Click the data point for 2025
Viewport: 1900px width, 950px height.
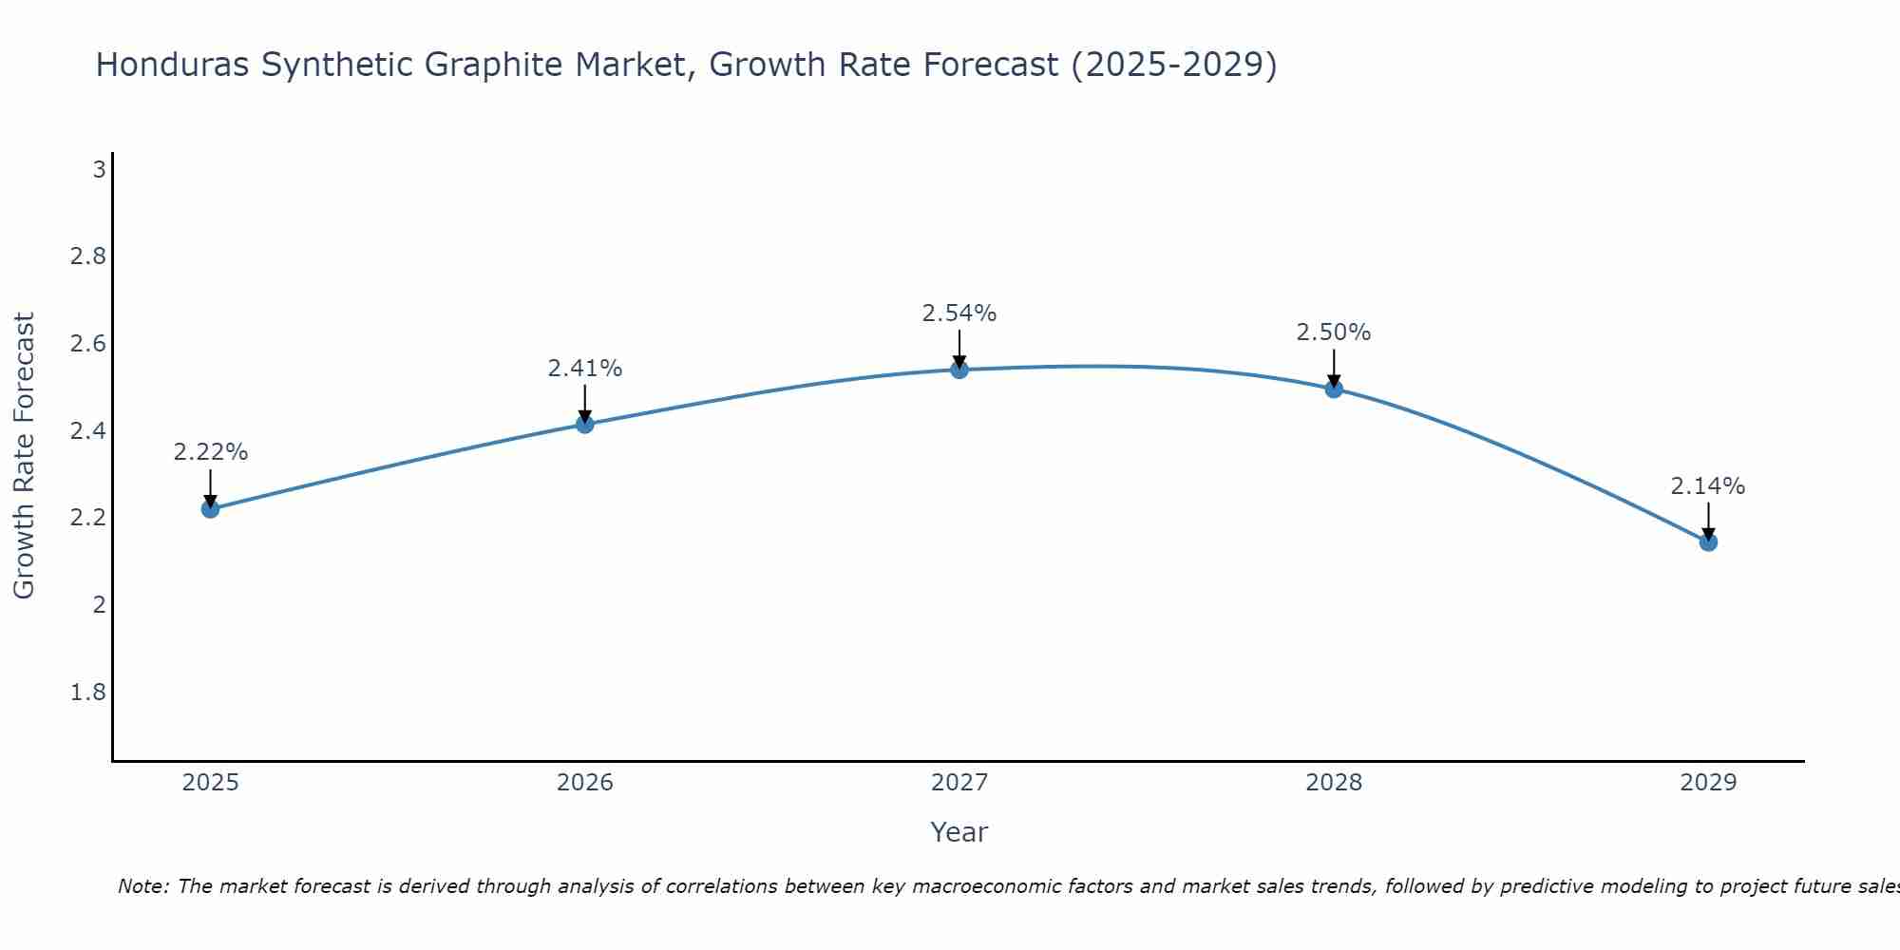(210, 509)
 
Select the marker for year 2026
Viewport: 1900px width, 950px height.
(585, 425)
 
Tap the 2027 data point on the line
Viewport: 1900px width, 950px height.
(959, 370)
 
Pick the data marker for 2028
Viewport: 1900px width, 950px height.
(1334, 389)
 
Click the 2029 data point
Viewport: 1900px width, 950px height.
(1708, 542)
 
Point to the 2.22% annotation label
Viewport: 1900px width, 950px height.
(210, 452)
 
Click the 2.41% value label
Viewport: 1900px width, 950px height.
(585, 369)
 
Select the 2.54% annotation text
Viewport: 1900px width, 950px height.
(959, 313)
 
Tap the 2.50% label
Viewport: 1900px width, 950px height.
(1334, 332)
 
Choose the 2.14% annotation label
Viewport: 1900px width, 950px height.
(1708, 486)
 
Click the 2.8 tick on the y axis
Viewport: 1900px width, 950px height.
(87, 256)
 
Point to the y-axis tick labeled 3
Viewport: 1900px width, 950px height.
(99, 170)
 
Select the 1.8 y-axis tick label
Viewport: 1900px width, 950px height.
(87, 692)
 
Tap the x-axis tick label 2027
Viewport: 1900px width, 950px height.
(959, 783)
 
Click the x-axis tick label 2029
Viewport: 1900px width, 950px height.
(1708, 783)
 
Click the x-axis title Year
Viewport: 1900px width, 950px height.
(959, 832)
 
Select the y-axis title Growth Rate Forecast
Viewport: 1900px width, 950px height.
(24, 456)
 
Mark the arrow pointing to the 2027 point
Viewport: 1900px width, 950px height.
(959, 349)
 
